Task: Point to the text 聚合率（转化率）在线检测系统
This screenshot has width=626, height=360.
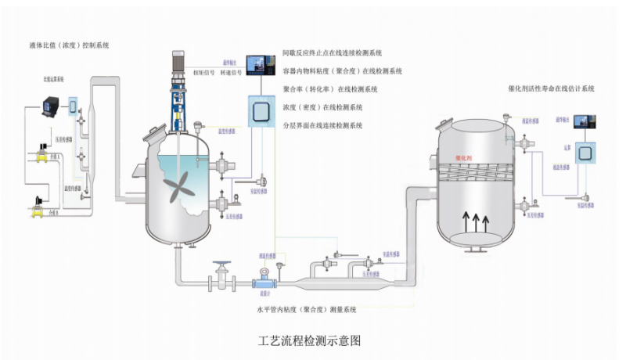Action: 329,89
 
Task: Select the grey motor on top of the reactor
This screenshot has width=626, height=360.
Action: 178,63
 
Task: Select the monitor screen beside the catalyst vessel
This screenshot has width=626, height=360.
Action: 584,121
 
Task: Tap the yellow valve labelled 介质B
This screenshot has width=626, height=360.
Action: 37,207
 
